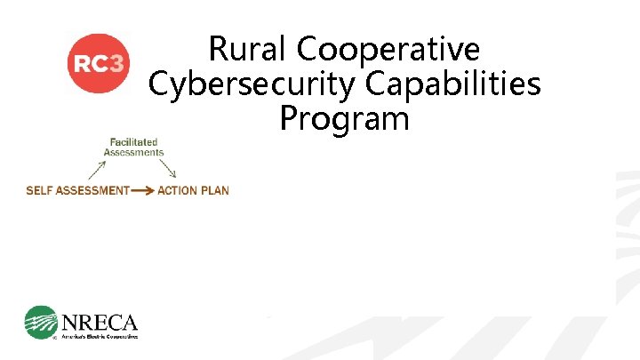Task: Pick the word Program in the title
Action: [344, 117]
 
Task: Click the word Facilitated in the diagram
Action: [134, 141]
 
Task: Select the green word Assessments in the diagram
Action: [134, 152]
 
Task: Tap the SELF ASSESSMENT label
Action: [78, 190]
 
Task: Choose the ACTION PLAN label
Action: [193, 190]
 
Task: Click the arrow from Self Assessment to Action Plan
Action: [142, 190]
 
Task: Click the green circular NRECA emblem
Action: [41, 323]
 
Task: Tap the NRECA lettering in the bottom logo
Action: [100, 320]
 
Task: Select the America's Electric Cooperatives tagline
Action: [100, 336]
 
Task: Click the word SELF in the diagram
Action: [39, 190]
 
